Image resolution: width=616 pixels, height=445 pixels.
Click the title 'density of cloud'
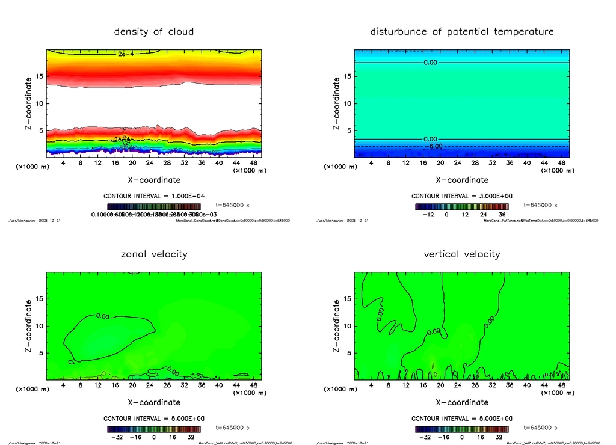click(154, 31)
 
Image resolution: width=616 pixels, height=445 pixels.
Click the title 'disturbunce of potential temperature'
click(461, 31)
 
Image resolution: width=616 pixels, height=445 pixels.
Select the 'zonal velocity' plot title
click(154, 254)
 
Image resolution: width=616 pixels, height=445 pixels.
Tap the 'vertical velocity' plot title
click(461, 254)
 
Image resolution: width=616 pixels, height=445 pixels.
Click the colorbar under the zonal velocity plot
click(154, 429)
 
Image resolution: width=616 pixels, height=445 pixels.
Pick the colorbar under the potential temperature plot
click(461, 206)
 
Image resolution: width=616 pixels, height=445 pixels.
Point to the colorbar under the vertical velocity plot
click(461, 429)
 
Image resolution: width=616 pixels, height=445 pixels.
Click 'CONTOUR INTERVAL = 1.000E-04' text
click(153, 196)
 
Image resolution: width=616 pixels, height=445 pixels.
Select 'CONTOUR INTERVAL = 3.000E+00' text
click(461, 196)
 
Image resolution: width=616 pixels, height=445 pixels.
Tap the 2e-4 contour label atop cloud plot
click(126, 54)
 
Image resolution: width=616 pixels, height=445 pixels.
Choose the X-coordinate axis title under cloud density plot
click(153, 179)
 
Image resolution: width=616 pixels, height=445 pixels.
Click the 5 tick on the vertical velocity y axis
click(346, 353)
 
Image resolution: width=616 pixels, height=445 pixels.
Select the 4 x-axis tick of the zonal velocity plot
click(63, 385)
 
